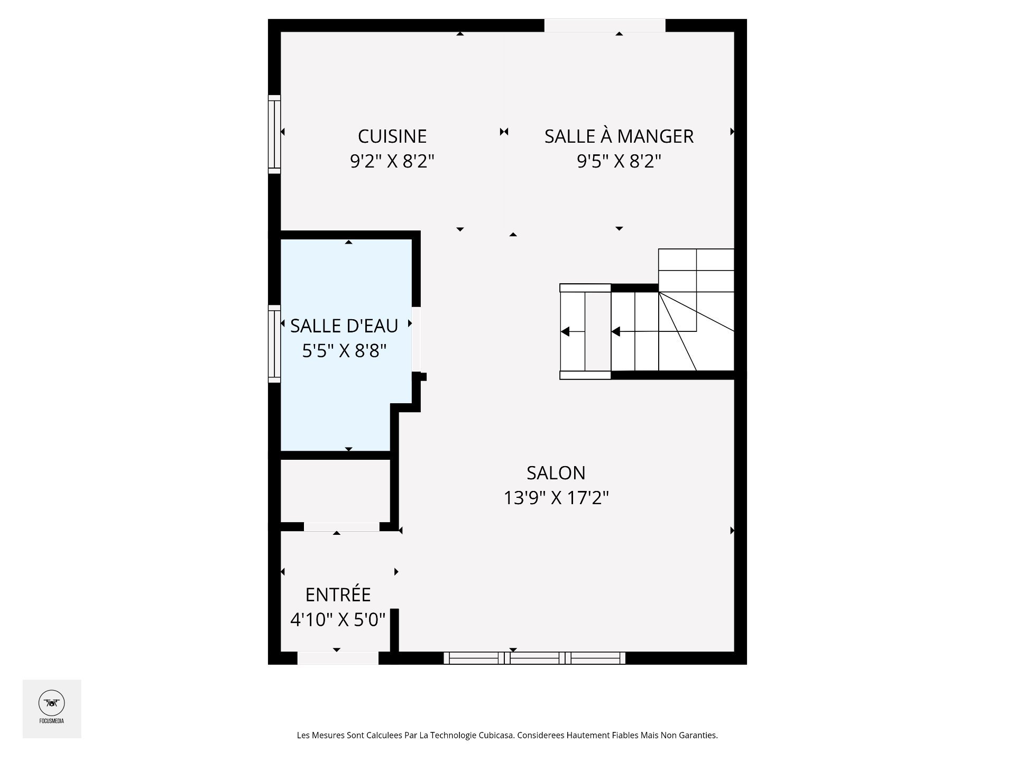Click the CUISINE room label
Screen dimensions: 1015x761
[392, 136]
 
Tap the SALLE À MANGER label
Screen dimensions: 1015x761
[619, 136]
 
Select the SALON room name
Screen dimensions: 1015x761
[556, 473]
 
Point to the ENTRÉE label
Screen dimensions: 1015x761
[338, 595]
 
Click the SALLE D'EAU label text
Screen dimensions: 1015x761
[344, 326]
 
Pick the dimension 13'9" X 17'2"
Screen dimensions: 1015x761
[556, 498]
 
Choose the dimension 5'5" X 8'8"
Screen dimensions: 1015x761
[344, 350]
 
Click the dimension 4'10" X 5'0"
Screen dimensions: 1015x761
[338, 619]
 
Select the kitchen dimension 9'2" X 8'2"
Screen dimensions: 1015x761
[392, 161]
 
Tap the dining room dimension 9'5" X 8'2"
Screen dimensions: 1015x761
[619, 161]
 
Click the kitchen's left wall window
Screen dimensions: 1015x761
[274, 134]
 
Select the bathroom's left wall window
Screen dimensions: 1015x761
[274, 344]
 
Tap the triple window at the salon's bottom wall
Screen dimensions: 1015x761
[534, 658]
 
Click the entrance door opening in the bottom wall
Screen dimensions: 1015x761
[338, 658]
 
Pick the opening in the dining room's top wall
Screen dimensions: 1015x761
[605, 25]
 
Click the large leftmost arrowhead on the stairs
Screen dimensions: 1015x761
[565, 332]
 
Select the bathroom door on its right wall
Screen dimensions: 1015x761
[416, 339]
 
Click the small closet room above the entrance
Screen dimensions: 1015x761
[335, 491]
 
